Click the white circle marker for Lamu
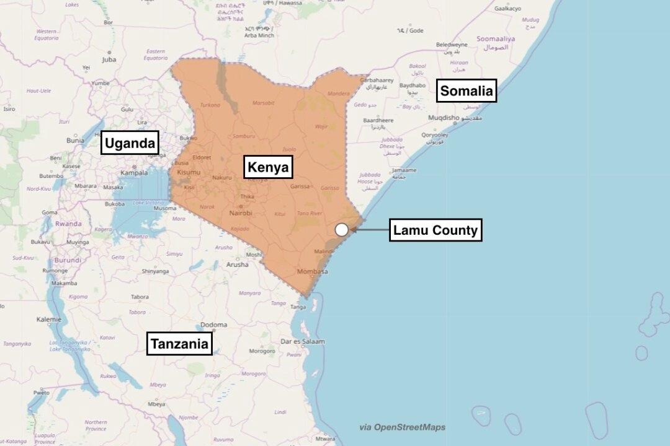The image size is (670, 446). [342, 230]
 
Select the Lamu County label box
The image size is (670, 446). [436, 231]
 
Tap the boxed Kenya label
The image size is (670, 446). [269, 167]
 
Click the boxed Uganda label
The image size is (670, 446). [130, 144]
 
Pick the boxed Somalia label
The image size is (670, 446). [467, 92]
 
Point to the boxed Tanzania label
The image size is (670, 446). [179, 344]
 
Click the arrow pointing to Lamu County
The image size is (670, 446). [370, 230]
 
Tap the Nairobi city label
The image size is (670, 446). [241, 213]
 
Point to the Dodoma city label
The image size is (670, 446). [213, 325]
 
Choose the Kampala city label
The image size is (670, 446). [134, 173]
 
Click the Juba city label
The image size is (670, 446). [109, 60]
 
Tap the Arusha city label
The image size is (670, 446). [237, 265]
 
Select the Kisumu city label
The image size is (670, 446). [189, 172]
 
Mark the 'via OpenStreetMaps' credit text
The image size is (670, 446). [402, 427]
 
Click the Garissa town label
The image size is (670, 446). [300, 186]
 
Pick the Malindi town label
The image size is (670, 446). [323, 252]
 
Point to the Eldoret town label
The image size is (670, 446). [202, 158]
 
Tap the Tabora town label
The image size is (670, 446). [139, 297]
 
